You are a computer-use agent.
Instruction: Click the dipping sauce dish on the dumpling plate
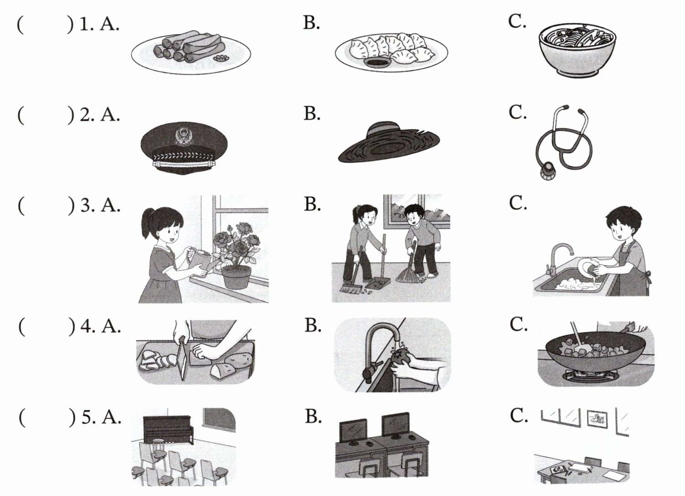tap(377, 63)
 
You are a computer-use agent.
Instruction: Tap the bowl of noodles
tap(577, 50)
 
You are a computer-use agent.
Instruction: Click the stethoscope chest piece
tap(547, 171)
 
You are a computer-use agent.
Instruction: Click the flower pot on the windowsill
tap(236, 277)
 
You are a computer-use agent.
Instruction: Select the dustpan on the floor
tap(378, 284)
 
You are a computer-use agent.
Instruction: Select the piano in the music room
tap(169, 430)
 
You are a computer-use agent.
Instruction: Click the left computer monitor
tap(353, 431)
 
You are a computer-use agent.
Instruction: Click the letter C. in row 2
tap(518, 112)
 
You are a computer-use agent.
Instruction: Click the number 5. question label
tap(88, 417)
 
